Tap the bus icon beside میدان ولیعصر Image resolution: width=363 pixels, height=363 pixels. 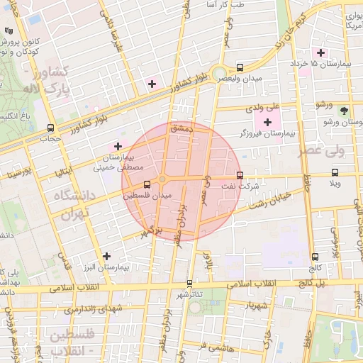240,68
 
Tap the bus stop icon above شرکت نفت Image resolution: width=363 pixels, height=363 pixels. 240,175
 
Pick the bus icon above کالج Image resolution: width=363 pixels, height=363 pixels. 315,257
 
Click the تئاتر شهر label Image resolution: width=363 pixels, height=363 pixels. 189,294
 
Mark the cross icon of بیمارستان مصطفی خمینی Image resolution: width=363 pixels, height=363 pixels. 118,146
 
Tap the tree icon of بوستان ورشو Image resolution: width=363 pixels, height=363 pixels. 344,110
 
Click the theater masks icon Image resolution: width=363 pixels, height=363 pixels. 8,31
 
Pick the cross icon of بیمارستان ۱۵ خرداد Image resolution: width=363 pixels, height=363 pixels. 320,52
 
